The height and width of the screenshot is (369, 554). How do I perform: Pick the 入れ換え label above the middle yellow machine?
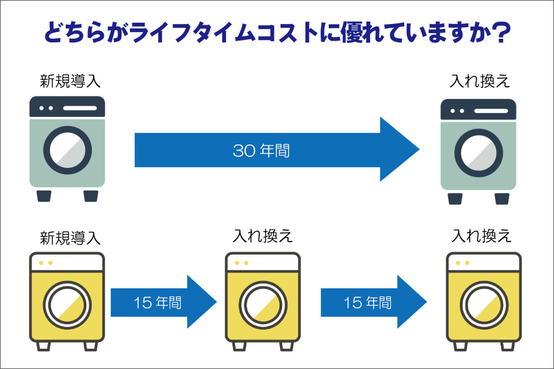click(x=262, y=236)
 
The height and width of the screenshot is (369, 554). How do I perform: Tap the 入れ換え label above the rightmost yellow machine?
click(x=481, y=236)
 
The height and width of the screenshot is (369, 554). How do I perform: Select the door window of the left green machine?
click(x=67, y=150)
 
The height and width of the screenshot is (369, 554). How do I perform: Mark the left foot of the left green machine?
click(x=44, y=196)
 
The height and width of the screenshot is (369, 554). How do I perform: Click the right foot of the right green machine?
click(x=502, y=199)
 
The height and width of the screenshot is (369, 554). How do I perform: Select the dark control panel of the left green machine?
click(x=67, y=108)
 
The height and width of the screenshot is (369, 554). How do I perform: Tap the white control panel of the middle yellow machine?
click(x=263, y=263)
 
